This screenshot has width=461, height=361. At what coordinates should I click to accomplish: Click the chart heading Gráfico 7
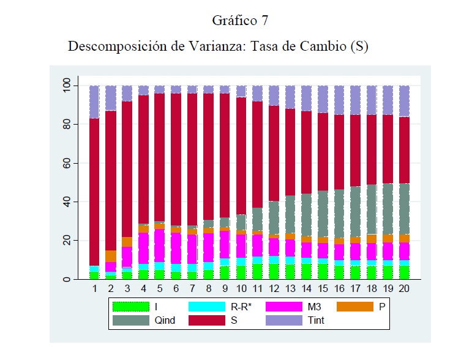click(240, 20)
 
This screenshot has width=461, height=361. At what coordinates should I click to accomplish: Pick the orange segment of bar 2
click(111, 256)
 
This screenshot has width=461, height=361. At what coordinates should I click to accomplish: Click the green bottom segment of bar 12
click(274, 271)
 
